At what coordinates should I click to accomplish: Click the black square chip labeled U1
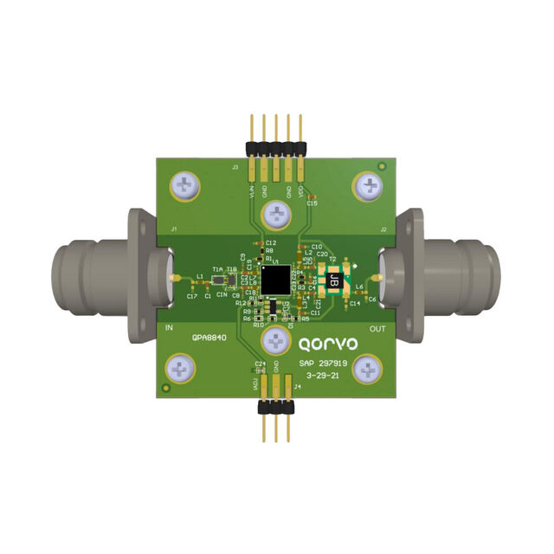point(277,279)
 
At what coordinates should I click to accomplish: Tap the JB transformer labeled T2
point(332,279)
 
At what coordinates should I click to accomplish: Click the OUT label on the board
point(378,327)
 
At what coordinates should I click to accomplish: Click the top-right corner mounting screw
point(369,184)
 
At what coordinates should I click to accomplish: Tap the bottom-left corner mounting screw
point(181,370)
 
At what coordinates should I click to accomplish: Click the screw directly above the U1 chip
point(277,212)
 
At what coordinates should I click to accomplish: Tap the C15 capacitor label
point(312,203)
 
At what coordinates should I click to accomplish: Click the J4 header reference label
point(297,387)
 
